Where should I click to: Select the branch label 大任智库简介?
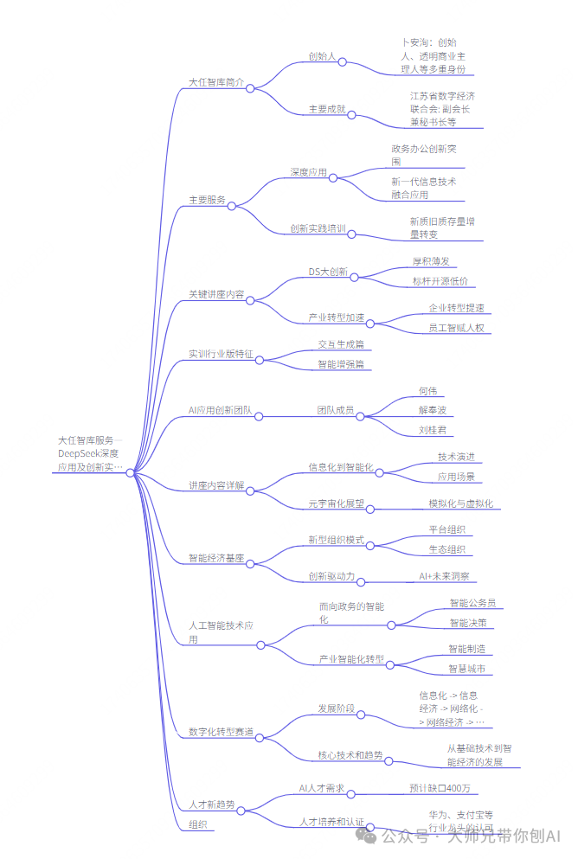[216, 83]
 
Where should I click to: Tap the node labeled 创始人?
[322, 56]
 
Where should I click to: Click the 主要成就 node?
[327, 110]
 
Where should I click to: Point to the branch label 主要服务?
[207, 200]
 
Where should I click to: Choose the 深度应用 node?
[308, 172]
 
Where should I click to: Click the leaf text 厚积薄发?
[430, 260]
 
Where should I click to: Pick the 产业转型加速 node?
[337, 317]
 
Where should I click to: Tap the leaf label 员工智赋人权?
[456, 328]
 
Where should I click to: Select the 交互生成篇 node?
[340, 344]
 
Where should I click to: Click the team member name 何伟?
[427, 391]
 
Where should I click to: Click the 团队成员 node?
[335, 410]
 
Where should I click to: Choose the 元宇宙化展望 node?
[336, 503]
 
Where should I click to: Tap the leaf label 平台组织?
[446, 529]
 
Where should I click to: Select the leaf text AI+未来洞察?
[444, 576]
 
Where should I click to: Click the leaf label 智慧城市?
[466, 669]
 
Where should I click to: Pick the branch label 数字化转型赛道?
[221, 732]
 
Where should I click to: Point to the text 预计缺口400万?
[440, 788]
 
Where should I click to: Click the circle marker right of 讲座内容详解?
[251, 491]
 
